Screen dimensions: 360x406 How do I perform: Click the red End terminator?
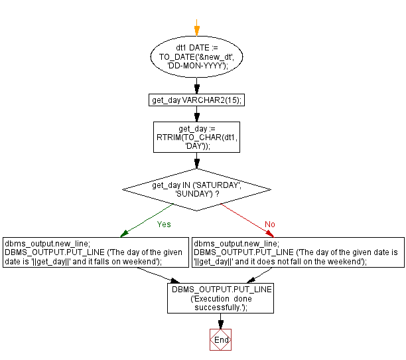point(221,339)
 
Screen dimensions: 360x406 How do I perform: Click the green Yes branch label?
point(163,225)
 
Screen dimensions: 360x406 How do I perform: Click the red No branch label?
point(269,225)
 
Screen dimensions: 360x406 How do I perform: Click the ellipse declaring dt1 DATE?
point(196,58)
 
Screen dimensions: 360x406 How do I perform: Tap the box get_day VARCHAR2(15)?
point(196,100)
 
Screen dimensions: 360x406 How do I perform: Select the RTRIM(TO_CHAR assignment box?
point(196,137)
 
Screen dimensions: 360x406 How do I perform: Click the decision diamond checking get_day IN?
point(196,190)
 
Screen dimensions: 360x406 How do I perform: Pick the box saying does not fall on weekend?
point(298,252)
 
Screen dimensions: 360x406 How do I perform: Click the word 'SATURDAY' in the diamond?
point(220,185)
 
